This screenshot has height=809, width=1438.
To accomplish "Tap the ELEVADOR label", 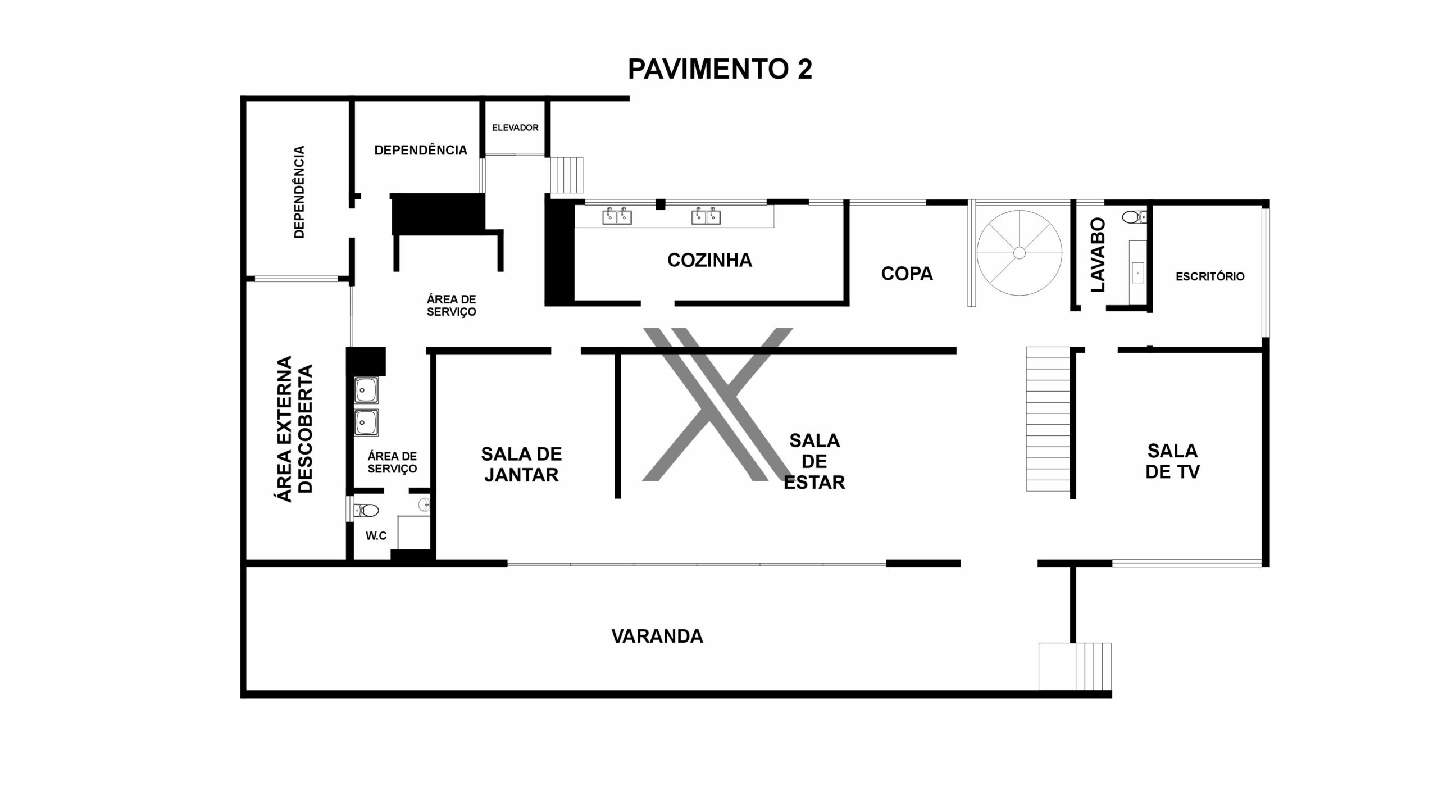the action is click(515, 128).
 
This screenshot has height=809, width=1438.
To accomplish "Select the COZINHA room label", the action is click(709, 260).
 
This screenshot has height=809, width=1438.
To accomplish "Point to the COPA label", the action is click(907, 274).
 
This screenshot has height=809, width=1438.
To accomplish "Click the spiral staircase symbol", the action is click(1020, 253).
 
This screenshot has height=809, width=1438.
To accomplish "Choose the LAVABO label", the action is click(1098, 254).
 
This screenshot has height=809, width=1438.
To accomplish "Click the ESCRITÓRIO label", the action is click(1210, 276).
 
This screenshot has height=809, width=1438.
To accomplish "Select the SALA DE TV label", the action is click(1172, 461).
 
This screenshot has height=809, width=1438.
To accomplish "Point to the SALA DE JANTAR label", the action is click(521, 464).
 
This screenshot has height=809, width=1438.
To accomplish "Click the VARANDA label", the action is click(657, 637).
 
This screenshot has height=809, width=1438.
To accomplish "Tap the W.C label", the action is click(376, 536).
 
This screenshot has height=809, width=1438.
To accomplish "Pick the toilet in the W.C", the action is click(366, 510).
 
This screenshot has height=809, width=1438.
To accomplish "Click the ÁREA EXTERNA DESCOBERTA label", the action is click(292, 429).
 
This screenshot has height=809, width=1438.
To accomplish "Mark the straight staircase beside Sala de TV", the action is click(1048, 419).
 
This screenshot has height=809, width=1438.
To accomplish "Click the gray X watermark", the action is click(717, 404).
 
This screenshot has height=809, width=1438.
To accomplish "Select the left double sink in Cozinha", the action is click(617, 216).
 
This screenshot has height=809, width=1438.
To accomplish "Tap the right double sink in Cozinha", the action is click(706, 216).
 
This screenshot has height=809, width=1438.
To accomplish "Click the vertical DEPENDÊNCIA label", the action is click(299, 192).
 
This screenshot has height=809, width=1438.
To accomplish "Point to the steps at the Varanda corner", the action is click(1075, 666).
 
